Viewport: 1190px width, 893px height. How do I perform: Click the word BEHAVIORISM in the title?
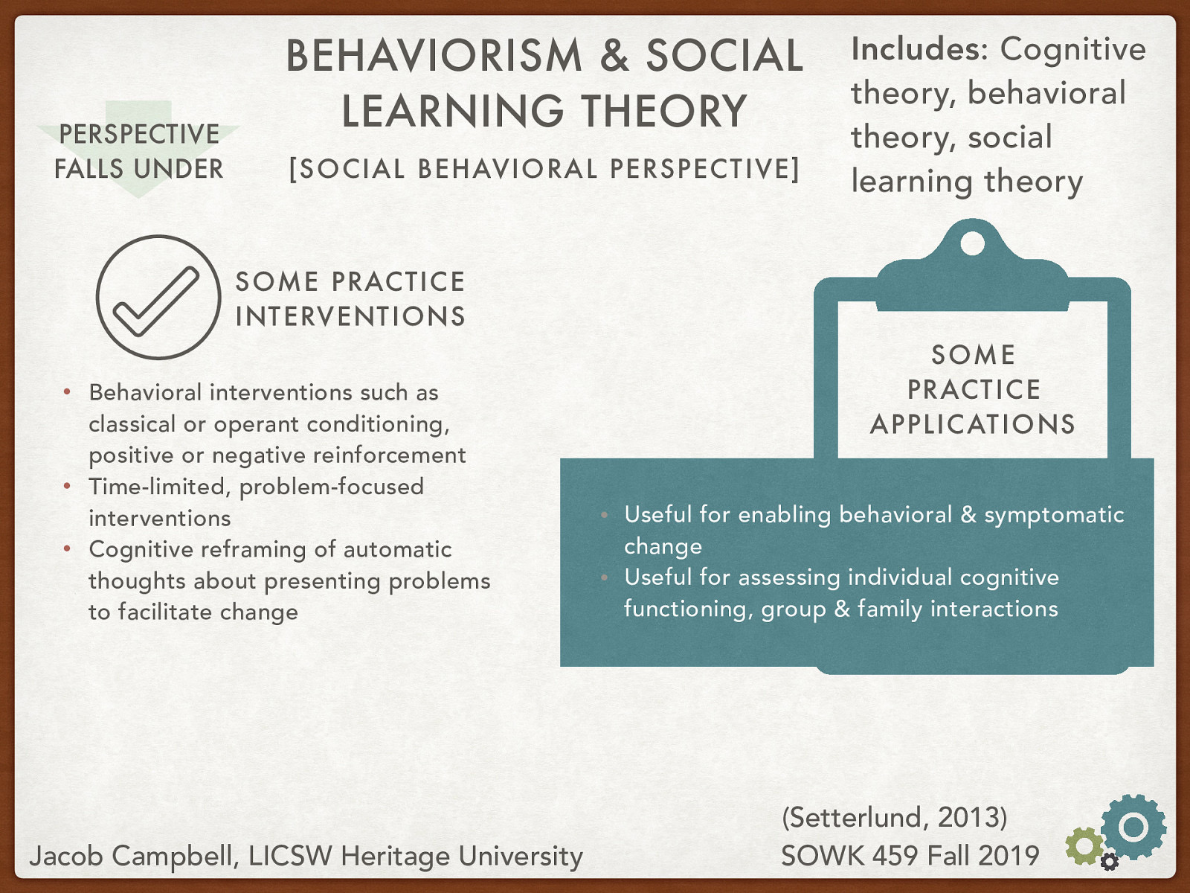coord(434,57)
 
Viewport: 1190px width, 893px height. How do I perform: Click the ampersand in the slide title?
coord(614,57)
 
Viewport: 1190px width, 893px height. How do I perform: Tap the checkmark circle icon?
coord(158,298)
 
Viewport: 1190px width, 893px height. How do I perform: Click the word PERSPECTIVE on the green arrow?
coord(139,135)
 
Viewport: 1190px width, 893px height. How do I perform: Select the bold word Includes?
coord(919,50)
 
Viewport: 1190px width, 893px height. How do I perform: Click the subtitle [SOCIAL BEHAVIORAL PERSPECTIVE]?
coord(544,169)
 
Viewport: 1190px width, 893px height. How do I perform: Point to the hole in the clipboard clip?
coord(972,243)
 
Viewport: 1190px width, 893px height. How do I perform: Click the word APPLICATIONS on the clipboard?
coord(973,424)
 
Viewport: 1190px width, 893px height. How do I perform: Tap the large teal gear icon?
coord(1133,827)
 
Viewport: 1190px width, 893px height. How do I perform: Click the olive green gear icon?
coord(1084,846)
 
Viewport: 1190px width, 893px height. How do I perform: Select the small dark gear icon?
coord(1109,862)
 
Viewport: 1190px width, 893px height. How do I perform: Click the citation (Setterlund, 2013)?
coord(894,817)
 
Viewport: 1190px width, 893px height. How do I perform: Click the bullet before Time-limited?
coord(67,487)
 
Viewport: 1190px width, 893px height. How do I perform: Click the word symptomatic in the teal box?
coord(1054,515)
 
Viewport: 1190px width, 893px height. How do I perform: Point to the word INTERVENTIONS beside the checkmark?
coord(350,316)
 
